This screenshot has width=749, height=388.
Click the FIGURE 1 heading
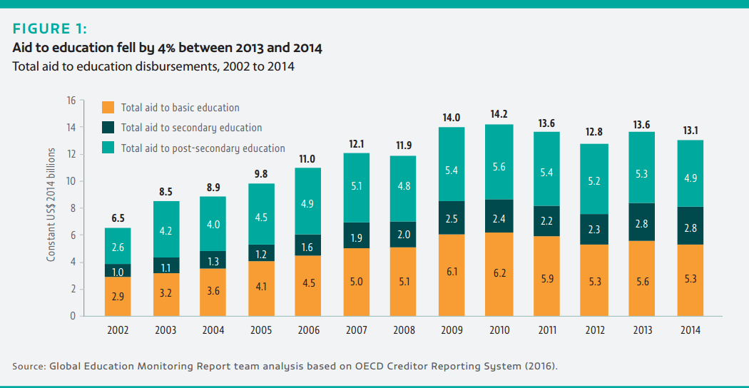click(x=50, y=29)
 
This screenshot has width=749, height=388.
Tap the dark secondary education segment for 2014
click(x=691, y=226)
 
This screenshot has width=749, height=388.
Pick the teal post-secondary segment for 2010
click(x=499, y=162)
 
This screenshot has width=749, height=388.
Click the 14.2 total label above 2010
click(x=499, y=114)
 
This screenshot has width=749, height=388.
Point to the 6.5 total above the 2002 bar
click(x=118, y=218)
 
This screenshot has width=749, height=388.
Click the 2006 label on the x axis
click(x=308, y=330)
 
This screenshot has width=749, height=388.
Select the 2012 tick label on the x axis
click(x=595, y=330)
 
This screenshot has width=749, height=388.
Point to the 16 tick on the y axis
click(x=71, y=101)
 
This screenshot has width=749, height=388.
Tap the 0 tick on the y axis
click(x=73, y=316)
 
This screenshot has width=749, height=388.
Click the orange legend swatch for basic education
click(x=108, y=108)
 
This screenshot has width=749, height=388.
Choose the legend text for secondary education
click(x=191, y=128)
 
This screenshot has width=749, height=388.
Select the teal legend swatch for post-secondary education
click(x=108, y=148)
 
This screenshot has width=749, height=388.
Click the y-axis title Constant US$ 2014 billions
click(x=51, y=205)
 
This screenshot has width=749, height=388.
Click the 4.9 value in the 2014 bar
click(x=691, y=178)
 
